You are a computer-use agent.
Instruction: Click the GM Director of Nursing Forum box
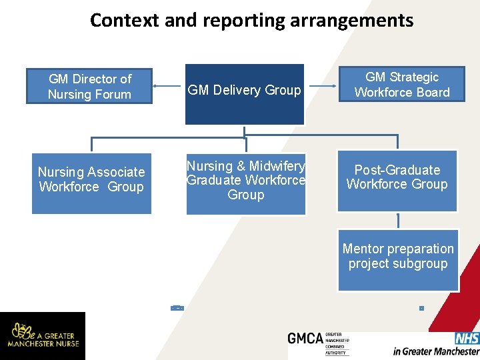tap(89, 87)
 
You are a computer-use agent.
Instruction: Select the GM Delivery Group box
tap(245, 94)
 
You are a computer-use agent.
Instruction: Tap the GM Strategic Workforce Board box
tap(402, 85)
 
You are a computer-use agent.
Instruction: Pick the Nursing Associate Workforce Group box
tap(91, 180)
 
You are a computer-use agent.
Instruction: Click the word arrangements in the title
tap(352, 21)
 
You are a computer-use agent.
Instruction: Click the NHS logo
tap(467, 339)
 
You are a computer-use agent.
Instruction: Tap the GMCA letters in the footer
tap(305, 339)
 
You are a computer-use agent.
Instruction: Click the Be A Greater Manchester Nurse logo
tap(43, 335)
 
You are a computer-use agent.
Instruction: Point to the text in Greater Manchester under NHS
tap(436, 351)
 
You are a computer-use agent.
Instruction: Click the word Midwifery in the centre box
tap(277, 166)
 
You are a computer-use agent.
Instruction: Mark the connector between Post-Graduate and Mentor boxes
tap(398, 221)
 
